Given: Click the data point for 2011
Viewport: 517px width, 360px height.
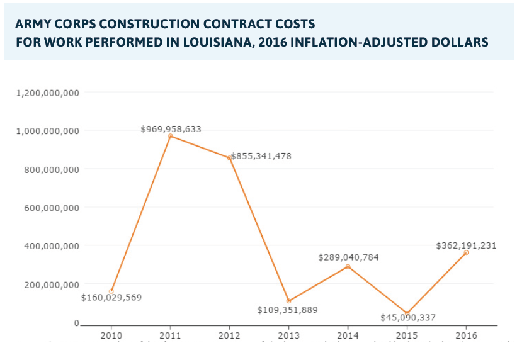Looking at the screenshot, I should coord(170,136).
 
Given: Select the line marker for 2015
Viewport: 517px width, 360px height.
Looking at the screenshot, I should coord(407,313).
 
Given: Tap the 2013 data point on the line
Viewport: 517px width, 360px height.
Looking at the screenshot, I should coord(288,301).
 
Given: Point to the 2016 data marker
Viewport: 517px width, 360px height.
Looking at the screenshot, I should coord(466,252).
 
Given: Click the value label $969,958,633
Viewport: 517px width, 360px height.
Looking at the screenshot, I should coord(171,129).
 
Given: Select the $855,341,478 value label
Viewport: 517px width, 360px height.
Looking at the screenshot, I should coord(261,156).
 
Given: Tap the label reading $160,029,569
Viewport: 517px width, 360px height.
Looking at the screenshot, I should coord(111,297).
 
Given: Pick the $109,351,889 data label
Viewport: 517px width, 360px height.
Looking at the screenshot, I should coord(288,310).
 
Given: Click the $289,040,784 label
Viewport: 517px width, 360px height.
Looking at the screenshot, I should coord(348,257).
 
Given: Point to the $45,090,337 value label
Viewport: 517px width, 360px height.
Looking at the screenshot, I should coord(408,318).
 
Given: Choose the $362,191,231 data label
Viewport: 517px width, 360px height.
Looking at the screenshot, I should coord(466,245).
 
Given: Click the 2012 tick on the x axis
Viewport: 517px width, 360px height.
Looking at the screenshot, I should coord(229,334).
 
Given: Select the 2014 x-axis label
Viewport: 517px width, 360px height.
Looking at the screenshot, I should coord(348,334).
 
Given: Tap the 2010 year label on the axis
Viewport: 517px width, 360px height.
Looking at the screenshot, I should coord(111,334).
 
